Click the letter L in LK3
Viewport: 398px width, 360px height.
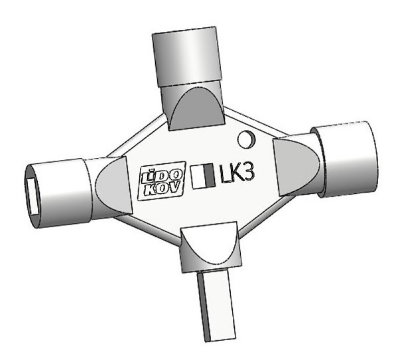(224, 175)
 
